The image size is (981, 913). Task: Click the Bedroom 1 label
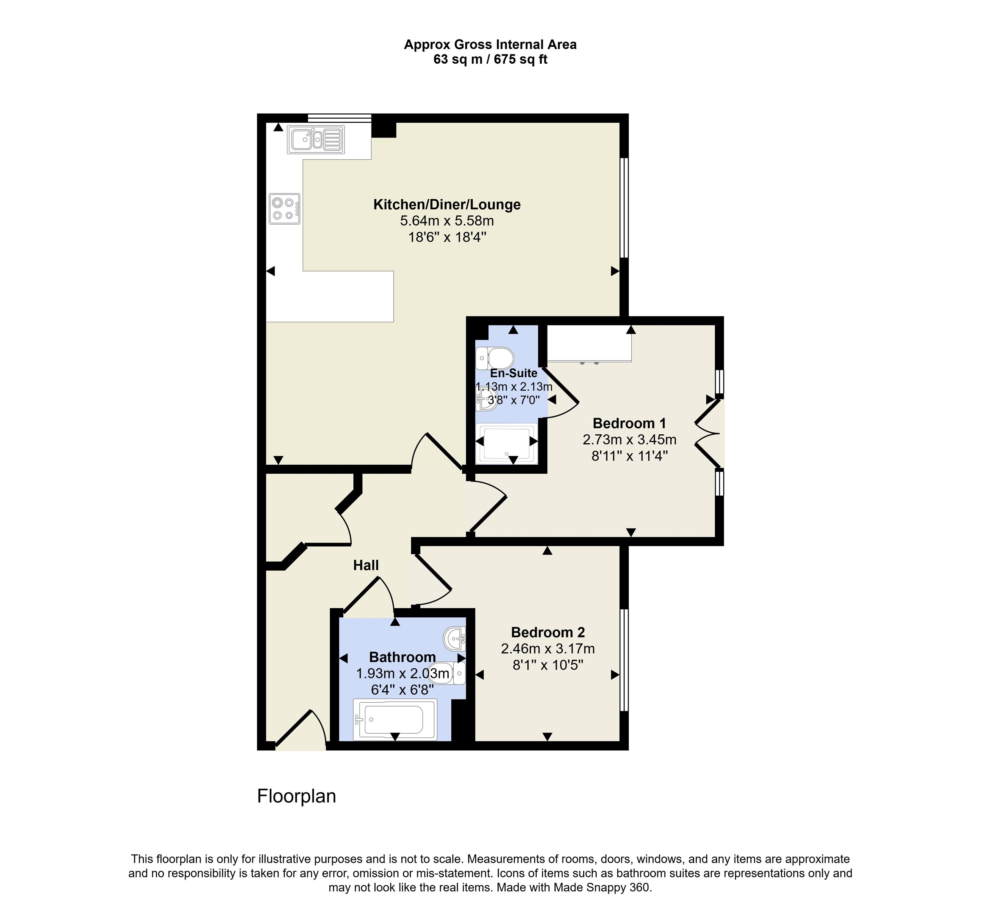coord(629,423)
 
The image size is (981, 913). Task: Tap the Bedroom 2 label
coord(548,632)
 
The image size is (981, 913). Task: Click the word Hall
coord(366,565)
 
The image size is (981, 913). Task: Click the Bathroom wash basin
coord(455,639)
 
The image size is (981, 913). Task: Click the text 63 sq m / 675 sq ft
coord(490,60)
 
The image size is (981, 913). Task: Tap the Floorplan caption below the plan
coord(297,796)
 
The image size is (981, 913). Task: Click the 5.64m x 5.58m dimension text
coord(447,221)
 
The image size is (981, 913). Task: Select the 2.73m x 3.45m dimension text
coord(629,439)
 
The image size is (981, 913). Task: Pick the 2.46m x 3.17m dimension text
coord(548,649)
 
